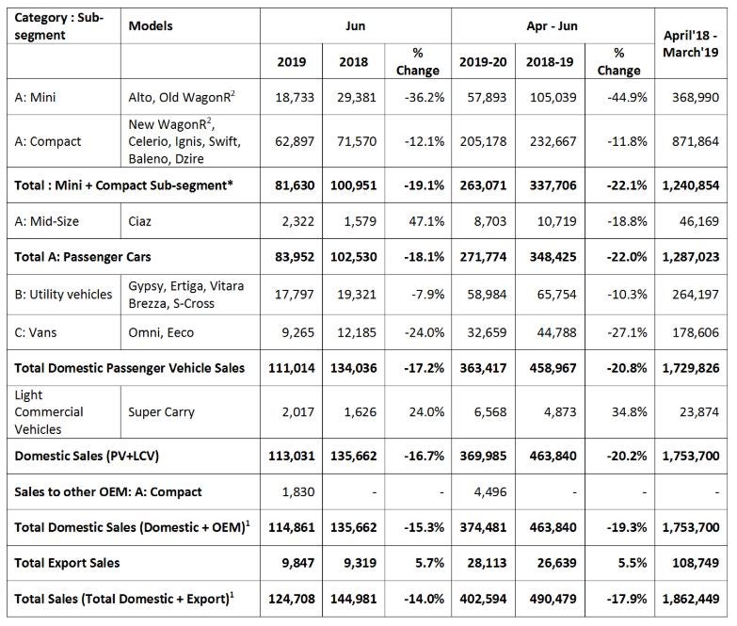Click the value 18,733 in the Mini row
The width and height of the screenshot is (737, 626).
[295, 97]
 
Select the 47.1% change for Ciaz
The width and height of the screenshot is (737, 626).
[426, 221]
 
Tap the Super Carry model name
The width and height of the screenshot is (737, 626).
[161, 412]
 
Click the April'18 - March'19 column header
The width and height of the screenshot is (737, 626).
[691, 43]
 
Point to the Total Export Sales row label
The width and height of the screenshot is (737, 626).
[67, 563]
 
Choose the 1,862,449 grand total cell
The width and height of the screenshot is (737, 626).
[691, 599]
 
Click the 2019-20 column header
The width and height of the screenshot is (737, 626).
[483, 62]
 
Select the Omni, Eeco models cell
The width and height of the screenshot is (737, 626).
[161, 332]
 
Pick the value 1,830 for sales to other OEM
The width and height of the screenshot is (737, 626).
[298, 491]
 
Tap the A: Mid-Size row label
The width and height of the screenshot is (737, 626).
[46, 221]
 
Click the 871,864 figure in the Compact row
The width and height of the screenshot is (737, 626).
[696, 141]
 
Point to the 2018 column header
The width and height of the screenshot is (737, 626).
[354, 62]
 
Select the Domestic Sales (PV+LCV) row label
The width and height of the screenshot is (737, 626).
[87, 456]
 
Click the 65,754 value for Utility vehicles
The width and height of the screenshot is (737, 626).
[556, 295]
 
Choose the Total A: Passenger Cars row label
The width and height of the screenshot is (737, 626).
[83, 257]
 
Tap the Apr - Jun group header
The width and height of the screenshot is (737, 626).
[553, 25]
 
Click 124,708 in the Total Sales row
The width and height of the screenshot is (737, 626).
[292, 599]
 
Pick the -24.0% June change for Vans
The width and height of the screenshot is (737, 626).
[424, 332]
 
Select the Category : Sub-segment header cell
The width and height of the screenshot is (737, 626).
[58, 26]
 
